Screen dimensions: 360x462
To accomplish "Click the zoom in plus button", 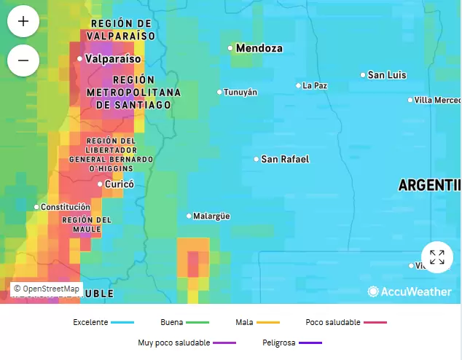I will pyautogui.click(x=23, y=21).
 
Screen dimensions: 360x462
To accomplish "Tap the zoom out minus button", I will pyautogui.click(x=23, y=60).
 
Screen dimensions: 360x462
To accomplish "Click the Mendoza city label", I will pyautogui.click(x=259, y=48).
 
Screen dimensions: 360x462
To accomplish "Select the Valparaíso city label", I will pyautogui.click(x=112, y=58).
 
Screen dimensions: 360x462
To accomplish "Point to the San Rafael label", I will pyautogui.click(x=285, y=159).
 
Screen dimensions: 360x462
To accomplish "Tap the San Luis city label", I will pyautogui.click(x=386, y=75).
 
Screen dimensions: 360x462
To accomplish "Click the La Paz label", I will pyautogui.click(x=315, y=85).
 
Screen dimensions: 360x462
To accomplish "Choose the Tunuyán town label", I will pyautogui.click(x=240, y=92).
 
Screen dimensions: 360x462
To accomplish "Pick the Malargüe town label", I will pyautogui.click(x=211, y=216).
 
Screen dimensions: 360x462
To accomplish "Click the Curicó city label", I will pyautogui.click(x=120, y=184).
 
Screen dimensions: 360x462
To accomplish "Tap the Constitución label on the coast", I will pyautogui.click(x=65, y=207).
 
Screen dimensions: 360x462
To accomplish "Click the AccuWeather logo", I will pyautogui.click(x=410, y=291).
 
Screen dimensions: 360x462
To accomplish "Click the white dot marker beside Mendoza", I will pyautogui.click(x=230, y=48).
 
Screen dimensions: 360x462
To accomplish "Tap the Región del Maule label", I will pyautogui.click(x=87, y=224).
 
